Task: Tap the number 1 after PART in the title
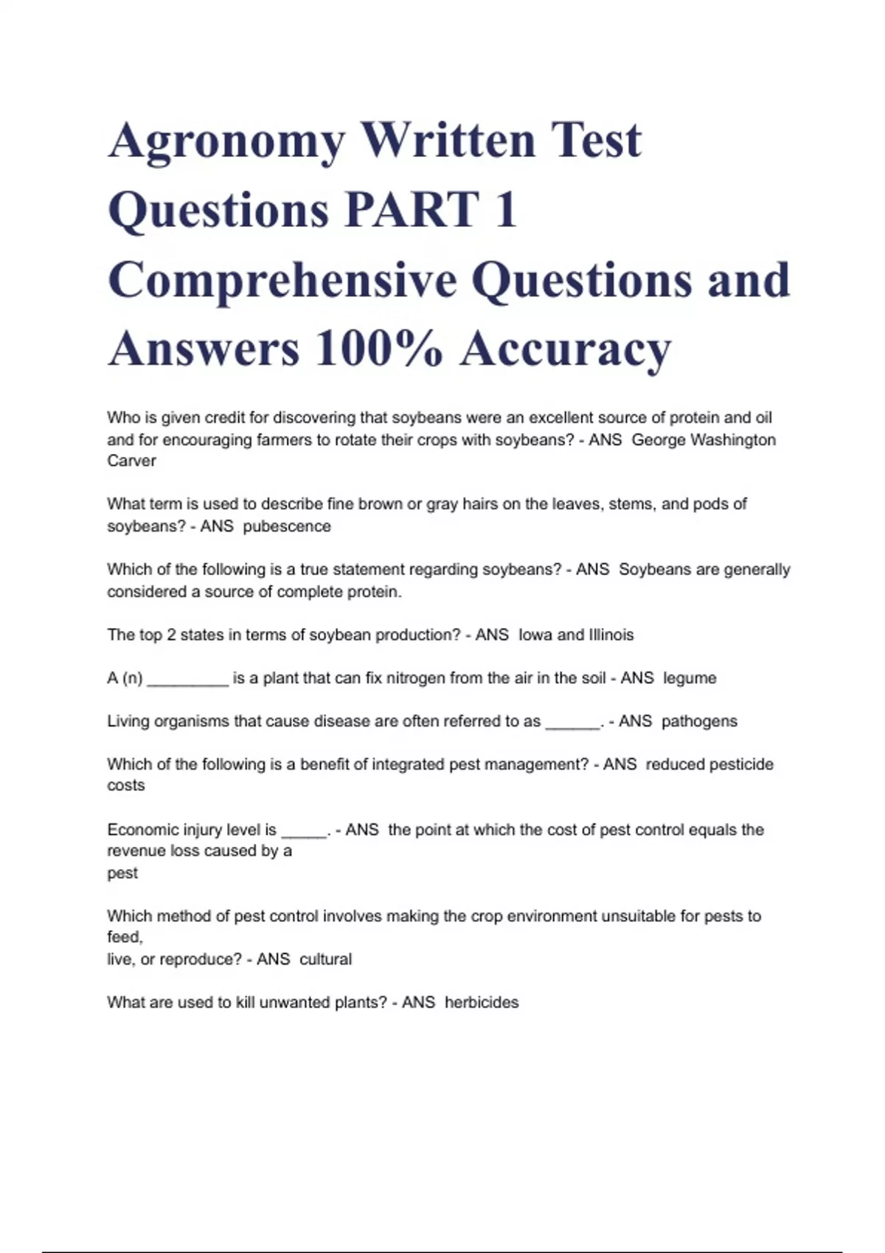coord(506,210)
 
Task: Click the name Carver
coord(131,461)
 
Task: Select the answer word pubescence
coord(287,526)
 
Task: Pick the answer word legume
coord(690,678)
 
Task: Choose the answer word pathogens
coord(699,722)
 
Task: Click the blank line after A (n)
coord(188,683)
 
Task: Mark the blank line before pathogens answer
coord(572,727)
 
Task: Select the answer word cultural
coord(325,960)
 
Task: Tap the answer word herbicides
coord(482,1002)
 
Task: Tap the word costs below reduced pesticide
coord(125,786)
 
